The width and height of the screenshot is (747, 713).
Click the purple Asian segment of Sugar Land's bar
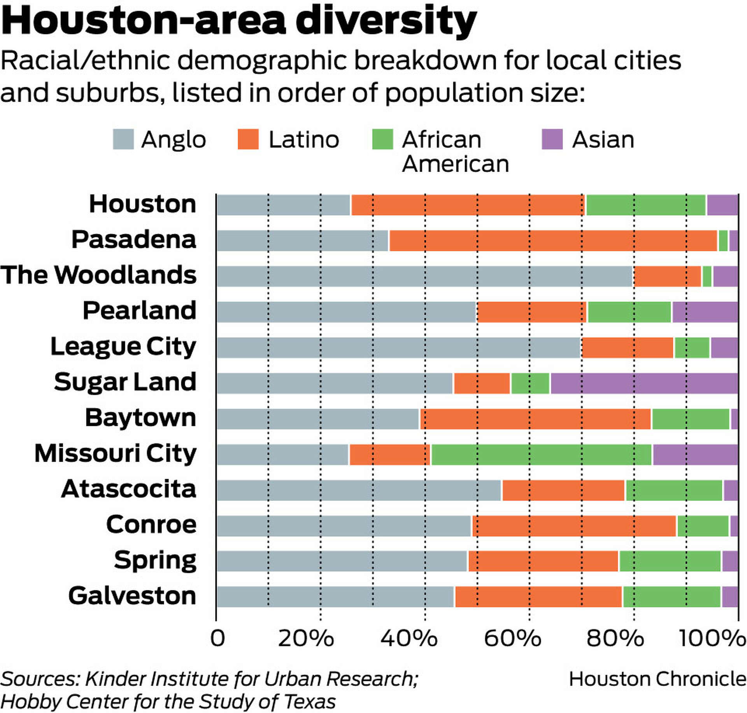(x=644, y=383)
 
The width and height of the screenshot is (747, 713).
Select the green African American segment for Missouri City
(x=541, y=455)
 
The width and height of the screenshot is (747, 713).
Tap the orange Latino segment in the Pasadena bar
(x=553, y=241)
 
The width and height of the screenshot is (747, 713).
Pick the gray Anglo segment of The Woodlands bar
(x=424, y=276)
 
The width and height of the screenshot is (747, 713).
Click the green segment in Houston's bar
(x=645, y=205)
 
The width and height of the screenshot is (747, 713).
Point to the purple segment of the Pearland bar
(x=705, y=312)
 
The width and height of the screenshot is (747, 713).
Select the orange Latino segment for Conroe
(x=574, y=526)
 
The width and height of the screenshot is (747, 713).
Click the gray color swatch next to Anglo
(x=123, y=139)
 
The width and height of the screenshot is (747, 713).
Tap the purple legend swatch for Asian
(x=552, y=139)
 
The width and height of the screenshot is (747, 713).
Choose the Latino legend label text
(x=303, y=140)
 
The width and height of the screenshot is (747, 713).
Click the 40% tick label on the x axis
(x=409, y=639)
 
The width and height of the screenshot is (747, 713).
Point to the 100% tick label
(x=712, y=639)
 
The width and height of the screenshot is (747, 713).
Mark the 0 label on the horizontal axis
(x=217, y=639)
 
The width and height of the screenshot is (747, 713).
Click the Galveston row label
(x=132, y=596)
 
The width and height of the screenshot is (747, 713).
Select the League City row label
(x=123, y=347)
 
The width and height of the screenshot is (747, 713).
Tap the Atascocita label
(x=128, y=489)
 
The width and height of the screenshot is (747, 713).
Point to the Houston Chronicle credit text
(x=657, y=680)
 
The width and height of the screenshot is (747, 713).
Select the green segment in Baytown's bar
(x=690, y=419)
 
